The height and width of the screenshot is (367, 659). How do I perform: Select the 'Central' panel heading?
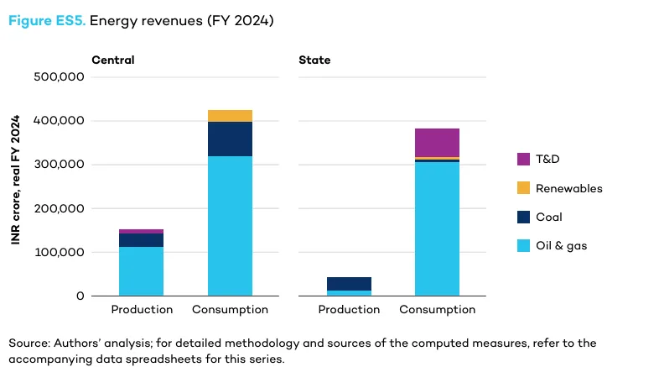coord(113,60)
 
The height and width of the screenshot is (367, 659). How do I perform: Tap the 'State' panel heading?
coord(314,60)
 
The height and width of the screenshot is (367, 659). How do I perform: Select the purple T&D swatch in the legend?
coord(524,159)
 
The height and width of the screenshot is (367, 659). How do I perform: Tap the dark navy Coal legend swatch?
coord(524,217)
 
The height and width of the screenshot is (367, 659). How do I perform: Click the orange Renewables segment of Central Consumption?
coord(230,116)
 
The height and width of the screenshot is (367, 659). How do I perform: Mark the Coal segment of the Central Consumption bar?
coord(230,139)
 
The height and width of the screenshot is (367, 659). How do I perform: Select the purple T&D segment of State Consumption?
coord(437,142)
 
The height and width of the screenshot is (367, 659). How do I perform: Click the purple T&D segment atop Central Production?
coord(141,231)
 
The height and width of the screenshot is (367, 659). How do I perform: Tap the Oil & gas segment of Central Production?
coord(141,270)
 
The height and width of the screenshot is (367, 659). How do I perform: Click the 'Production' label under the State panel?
coord(349,310)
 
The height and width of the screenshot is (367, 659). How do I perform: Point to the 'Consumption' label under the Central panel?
coord(230,310)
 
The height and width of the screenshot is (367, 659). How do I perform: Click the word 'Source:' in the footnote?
coord(29,343)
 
